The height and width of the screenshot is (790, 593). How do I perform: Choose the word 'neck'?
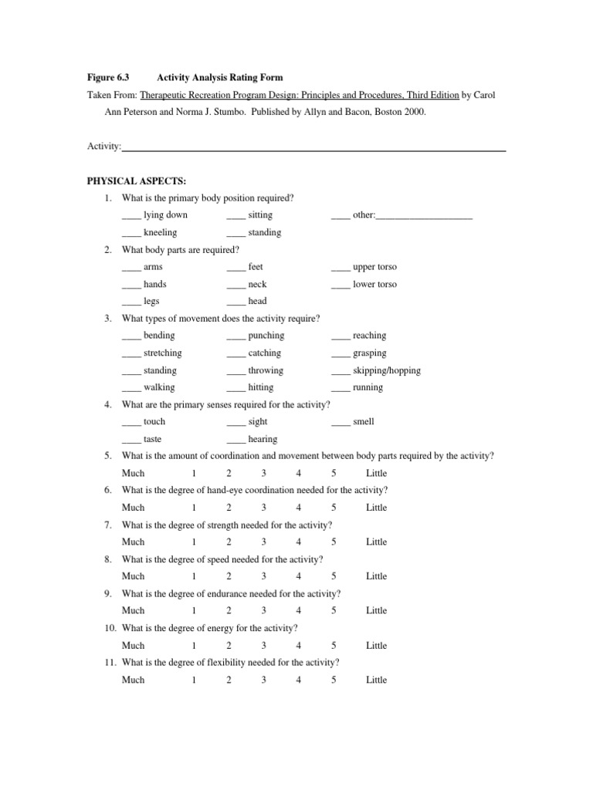257,284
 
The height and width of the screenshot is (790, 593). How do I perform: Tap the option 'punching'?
266,336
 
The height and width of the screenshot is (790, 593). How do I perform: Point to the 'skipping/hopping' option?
386,370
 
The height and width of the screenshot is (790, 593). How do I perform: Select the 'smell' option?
363,422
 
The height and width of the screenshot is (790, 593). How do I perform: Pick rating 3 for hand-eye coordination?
264,508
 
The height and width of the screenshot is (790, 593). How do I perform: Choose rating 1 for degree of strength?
195,542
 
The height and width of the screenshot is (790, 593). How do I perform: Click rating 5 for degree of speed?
334,576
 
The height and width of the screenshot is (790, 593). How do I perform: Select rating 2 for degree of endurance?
229,611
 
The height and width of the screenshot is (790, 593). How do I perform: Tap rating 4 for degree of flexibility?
299,680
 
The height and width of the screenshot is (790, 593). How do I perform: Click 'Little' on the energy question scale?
376,646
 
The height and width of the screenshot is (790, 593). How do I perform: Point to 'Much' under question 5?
133,474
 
